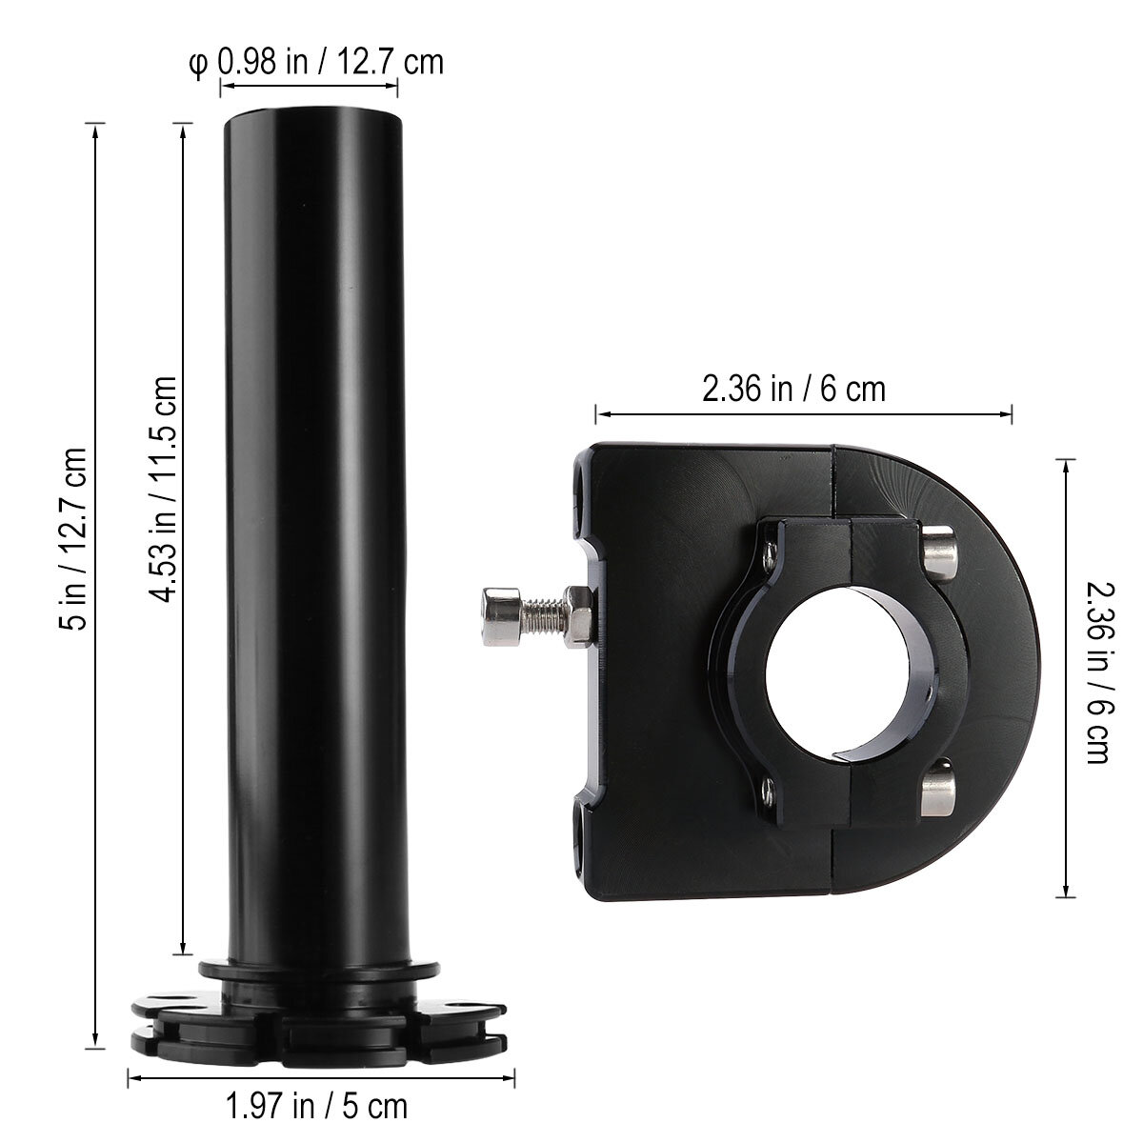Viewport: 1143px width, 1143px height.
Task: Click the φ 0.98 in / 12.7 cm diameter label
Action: (x=316, y=63)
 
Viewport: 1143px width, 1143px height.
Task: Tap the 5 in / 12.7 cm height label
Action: (x=73, y=539)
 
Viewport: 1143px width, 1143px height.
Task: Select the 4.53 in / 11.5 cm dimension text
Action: (x=161, y=489)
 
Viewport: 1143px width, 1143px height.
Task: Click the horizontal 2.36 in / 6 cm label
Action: (x=793, y=390)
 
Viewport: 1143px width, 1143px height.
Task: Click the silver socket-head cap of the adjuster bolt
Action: (x=502, y=616)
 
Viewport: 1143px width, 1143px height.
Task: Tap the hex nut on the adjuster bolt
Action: (x=578, y=617)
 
